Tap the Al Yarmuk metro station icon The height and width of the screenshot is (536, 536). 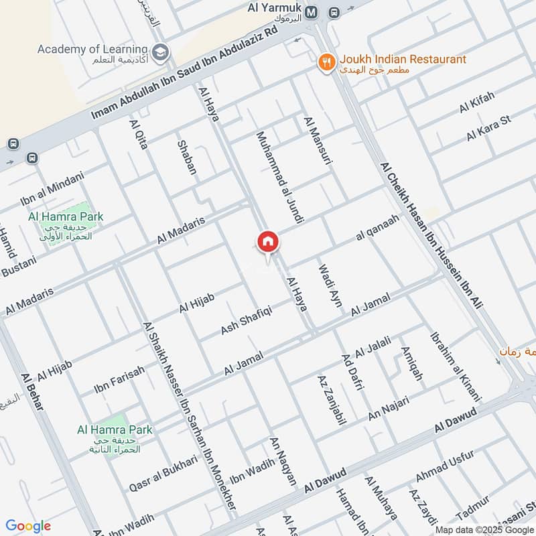312,13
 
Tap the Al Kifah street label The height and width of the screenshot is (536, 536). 476,103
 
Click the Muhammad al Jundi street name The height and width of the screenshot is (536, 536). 280,177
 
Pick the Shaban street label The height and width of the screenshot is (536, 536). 186,157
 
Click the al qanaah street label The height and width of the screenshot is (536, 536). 378,228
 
